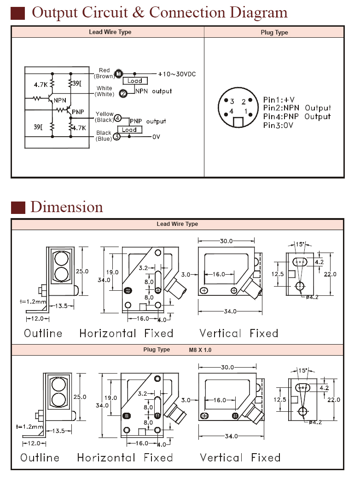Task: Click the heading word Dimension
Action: [x=67, y=207]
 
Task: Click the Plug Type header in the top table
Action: [x=274, y=32]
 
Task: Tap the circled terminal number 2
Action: [x=123, y=93]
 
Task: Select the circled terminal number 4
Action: [x=118, y=118]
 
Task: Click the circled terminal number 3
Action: [x=116, y=137]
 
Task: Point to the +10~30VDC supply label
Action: [x=177, y=74]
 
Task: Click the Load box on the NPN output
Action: [x=135, y=81]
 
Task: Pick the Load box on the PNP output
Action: [x=129, y=130]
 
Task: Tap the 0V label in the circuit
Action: [x=156, y=137]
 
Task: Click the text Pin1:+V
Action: [x=279, y=100]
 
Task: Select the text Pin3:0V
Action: [x=278, y=125]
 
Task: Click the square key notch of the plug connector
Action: [x=238, y=122]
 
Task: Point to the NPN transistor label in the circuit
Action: [x=60, y=100]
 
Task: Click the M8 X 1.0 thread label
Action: [x=200, y=350]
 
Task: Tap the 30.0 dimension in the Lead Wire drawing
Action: [x=226, y=241]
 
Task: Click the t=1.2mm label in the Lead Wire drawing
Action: [x=33, y=301]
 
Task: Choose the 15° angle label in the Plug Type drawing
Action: [x=302, y=371]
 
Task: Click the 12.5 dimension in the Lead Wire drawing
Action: [x=278, y=274]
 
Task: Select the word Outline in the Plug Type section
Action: [x=40, y=458]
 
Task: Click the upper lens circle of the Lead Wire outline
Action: [x=61, y=259]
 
